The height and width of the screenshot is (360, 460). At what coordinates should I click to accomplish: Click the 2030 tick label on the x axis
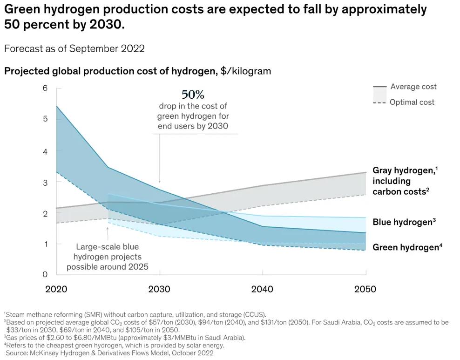tap(159, 289)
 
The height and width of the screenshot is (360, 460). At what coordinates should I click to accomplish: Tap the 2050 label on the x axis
tap(365, 289)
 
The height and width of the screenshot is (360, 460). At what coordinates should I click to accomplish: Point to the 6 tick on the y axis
tap(45, 88)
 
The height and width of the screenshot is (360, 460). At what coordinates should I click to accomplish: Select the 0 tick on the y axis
tap(45, 274)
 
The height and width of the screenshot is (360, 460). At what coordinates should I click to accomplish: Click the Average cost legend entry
tap(413, 87)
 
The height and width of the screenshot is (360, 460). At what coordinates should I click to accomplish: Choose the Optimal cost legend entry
tap(412, 102)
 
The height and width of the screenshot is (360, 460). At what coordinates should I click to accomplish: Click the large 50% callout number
tap(193, 95)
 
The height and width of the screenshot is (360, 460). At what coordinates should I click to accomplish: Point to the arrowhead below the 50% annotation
tap(160, 181)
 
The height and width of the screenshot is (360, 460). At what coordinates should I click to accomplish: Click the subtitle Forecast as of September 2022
tap(74, 48)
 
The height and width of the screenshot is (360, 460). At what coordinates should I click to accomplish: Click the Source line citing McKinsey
tap(109, 353)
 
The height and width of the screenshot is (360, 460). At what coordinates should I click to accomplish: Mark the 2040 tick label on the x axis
tap(262, 289)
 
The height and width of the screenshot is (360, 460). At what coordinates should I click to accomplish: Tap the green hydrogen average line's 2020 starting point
tap(57, 106)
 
